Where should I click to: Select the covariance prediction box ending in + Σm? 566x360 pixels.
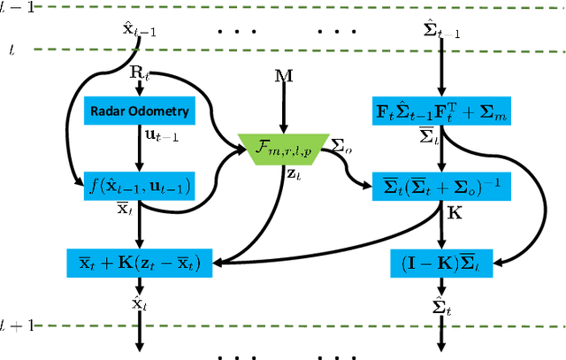click(440, 111)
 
